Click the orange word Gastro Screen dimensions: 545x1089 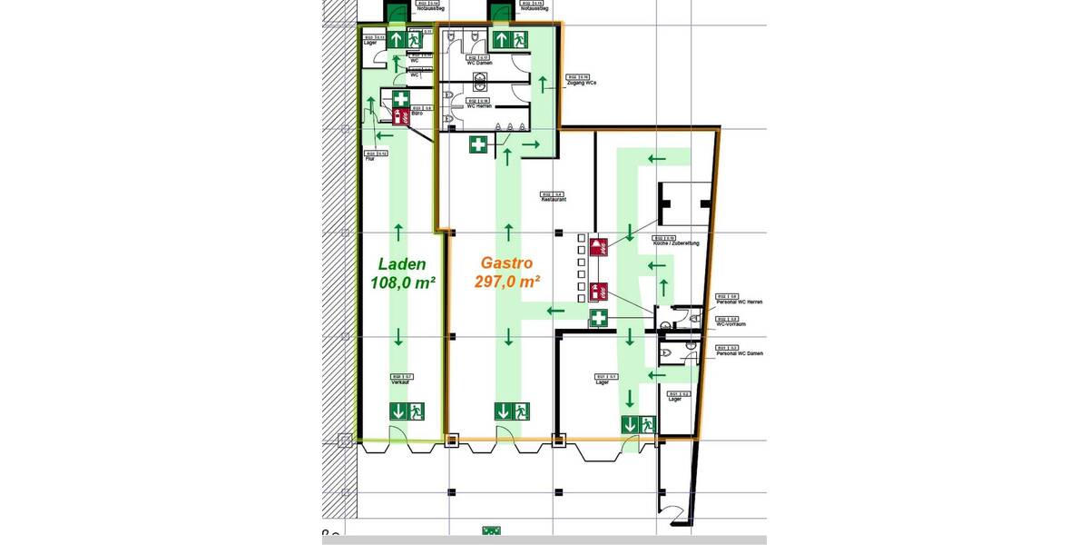click(507, 264)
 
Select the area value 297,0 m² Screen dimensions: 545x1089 click(507, 282)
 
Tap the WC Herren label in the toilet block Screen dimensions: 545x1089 click(478, 104)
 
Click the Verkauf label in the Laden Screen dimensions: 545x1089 click(401, 381)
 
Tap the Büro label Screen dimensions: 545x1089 click(417, 112)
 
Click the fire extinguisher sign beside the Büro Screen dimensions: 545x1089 click(399, 116)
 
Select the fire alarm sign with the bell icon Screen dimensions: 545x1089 click(598, 292)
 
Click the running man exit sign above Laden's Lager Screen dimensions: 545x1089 click(416, 40)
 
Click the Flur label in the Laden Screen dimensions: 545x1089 click(370, 158)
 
